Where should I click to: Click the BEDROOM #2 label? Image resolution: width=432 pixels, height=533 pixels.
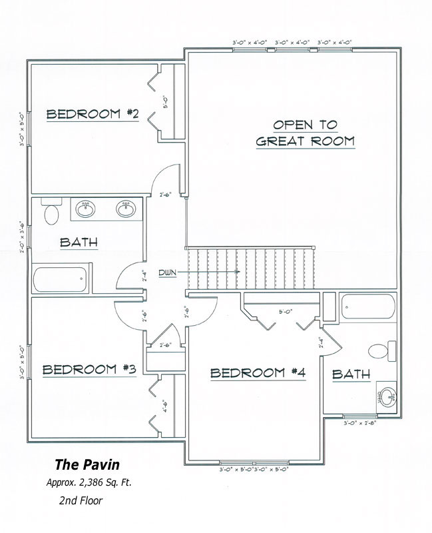click(x=92, y=115)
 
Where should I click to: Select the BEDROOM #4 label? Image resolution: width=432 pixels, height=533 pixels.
click(x=258, y=373)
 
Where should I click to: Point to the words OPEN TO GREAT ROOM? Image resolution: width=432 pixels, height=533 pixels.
click(x=306, y=133)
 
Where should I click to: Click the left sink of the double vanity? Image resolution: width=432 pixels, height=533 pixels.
click(x=85, y=209)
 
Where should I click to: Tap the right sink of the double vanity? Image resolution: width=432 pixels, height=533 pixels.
click(x=124, y=209)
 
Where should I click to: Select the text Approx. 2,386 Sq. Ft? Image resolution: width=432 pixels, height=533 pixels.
click(x=89, y=483)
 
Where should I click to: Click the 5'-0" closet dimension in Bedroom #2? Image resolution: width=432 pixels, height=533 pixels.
click(x=165, y=103)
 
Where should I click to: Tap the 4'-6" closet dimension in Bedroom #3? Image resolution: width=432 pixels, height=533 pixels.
click(x=165, y=406)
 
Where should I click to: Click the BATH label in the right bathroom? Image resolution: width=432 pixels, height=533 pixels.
click(x=351, y=374)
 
